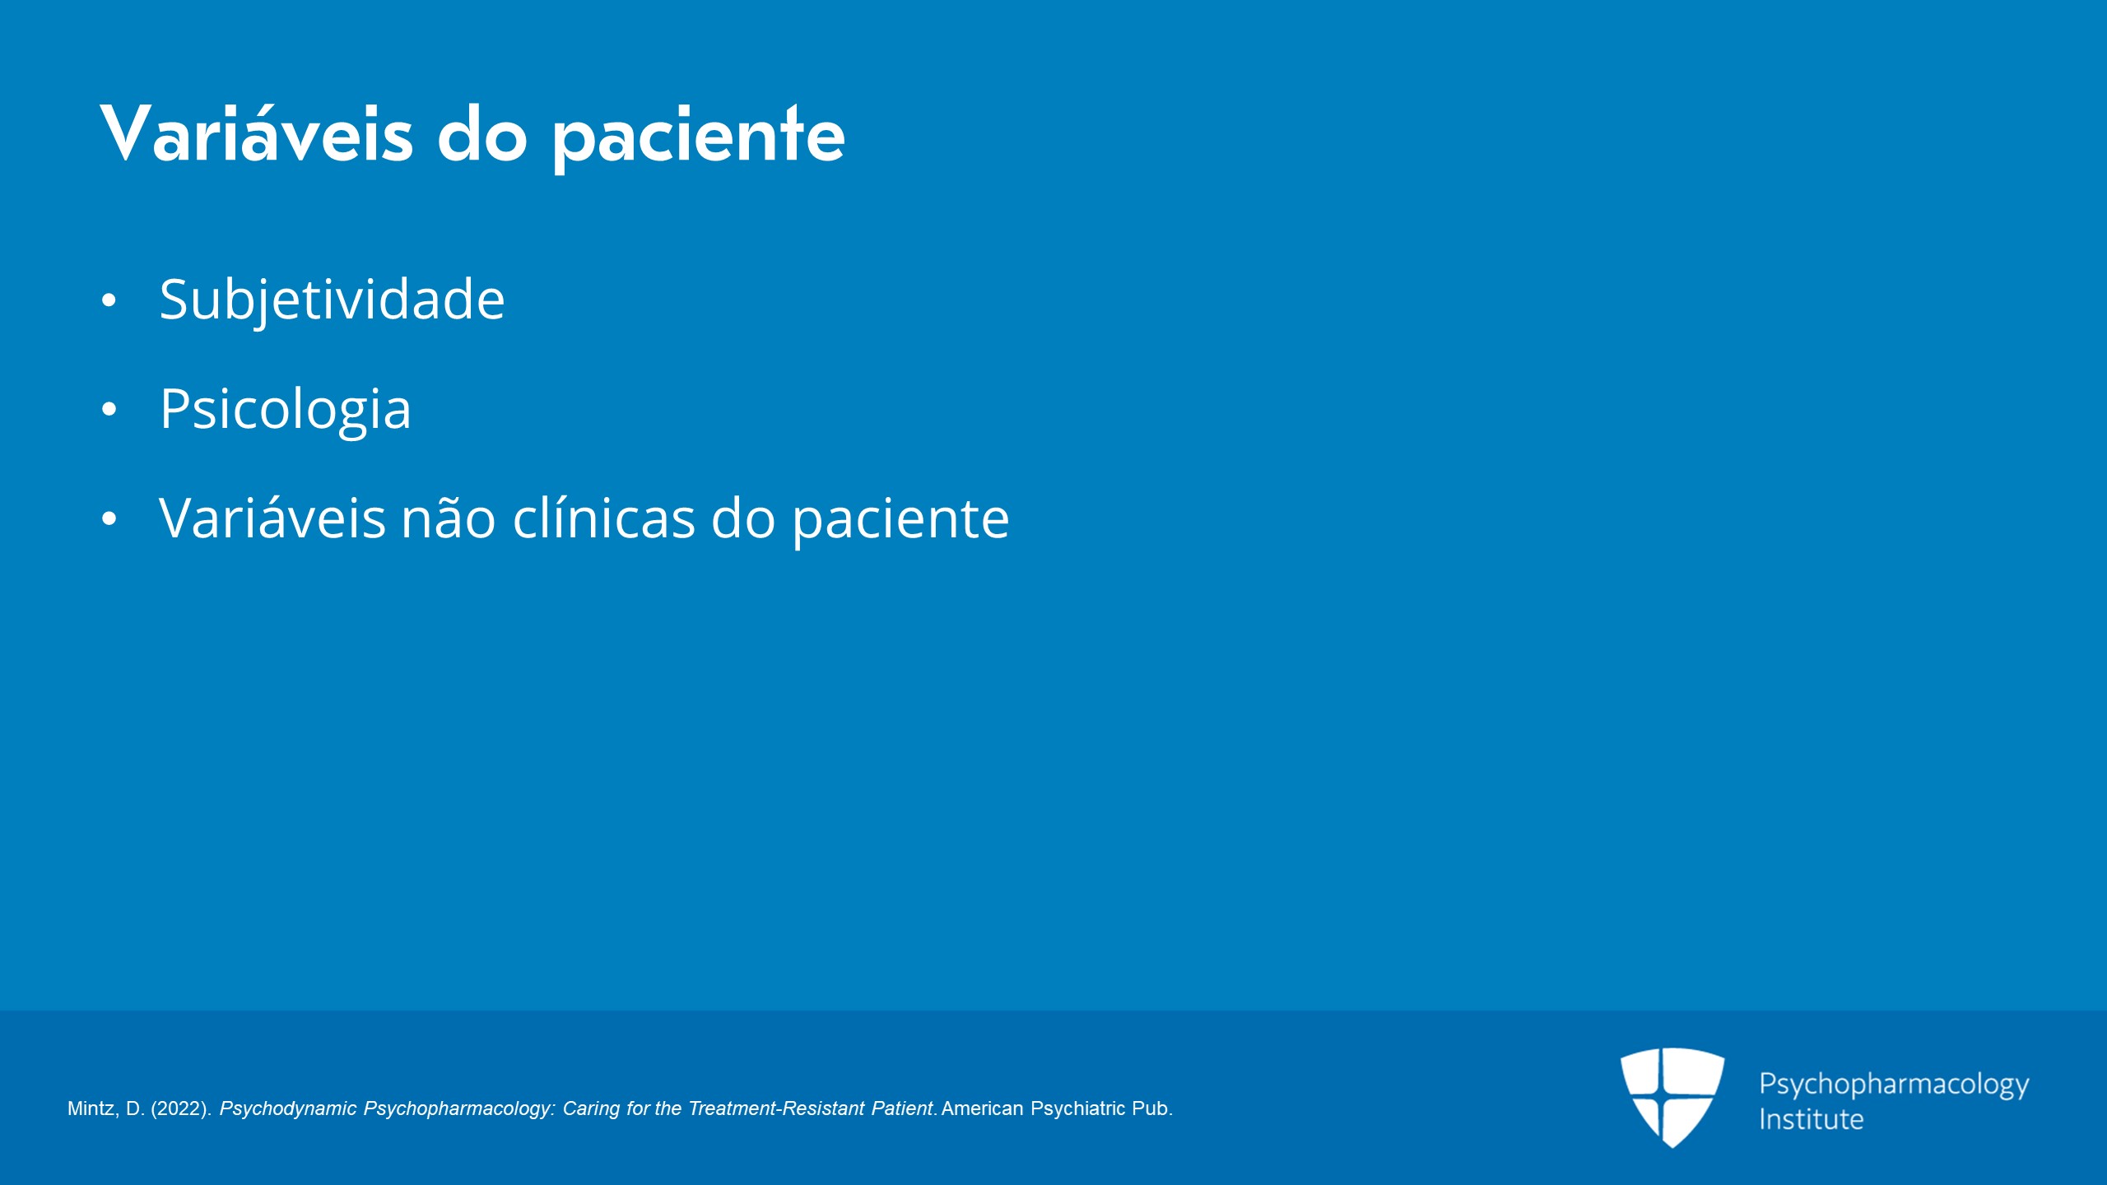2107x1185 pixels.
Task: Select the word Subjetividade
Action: click(332, 300)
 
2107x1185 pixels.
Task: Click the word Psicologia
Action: click(285, 410)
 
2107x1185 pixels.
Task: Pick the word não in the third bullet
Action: click(449, 519)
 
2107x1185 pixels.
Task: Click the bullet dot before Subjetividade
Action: click(109, 301)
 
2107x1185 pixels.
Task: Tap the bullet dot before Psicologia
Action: click(109, 410)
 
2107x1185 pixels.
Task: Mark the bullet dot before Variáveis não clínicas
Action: click(109, 519)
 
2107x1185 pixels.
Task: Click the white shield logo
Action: click(1672, 1097)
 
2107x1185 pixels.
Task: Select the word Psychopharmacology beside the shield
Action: click(1894, 1085)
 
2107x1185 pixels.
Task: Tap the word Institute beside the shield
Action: click(1811, 1120)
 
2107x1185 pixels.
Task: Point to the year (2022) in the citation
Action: click(181, 1109)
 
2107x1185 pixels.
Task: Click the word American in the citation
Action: click(982, 1108)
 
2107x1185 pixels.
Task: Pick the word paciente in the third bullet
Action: click(900, 520)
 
